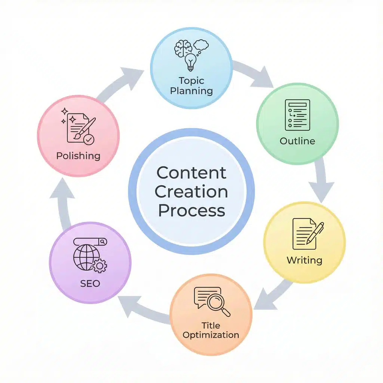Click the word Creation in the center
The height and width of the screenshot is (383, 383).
(191, 192)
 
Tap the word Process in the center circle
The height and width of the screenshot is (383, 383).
(191, 211)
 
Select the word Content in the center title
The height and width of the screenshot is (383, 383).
(191, 173)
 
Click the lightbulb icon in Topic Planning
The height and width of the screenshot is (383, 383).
(191, 62)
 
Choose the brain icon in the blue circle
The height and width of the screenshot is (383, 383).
(183, 49)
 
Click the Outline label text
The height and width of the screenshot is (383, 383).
(297, 141)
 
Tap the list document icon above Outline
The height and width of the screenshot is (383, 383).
(297, 114)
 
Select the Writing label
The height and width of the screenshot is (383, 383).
(304, 260)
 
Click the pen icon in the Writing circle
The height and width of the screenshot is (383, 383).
(315, 233)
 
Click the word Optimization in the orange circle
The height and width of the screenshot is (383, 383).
(211, 334)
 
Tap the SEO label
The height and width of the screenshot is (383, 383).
(90, 283)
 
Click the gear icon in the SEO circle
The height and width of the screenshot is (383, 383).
(99, 266)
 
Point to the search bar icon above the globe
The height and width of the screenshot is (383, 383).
(90, 242)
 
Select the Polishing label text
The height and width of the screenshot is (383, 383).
(78, 156)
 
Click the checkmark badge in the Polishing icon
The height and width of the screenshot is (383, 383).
(89, 140)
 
